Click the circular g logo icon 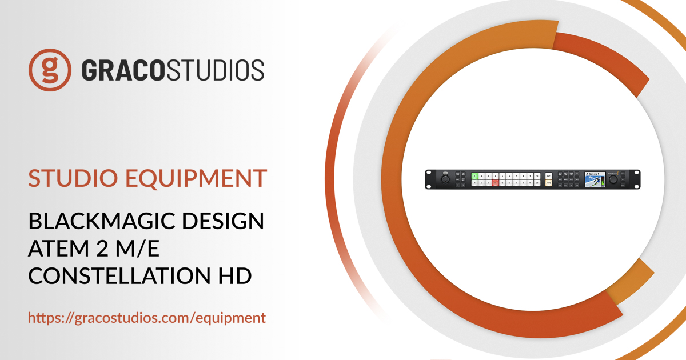(x=50, y=70)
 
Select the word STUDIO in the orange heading (x=69, y=178)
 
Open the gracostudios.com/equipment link (x=147, y=318)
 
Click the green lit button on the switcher (x=474, y=175)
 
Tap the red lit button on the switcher (x=496, y=183)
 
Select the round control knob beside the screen (x=613, y=179)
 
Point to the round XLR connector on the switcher (x=445, y=179)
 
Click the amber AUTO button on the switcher (x=548, y=183)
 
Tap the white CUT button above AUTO (x=548, y=175)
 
